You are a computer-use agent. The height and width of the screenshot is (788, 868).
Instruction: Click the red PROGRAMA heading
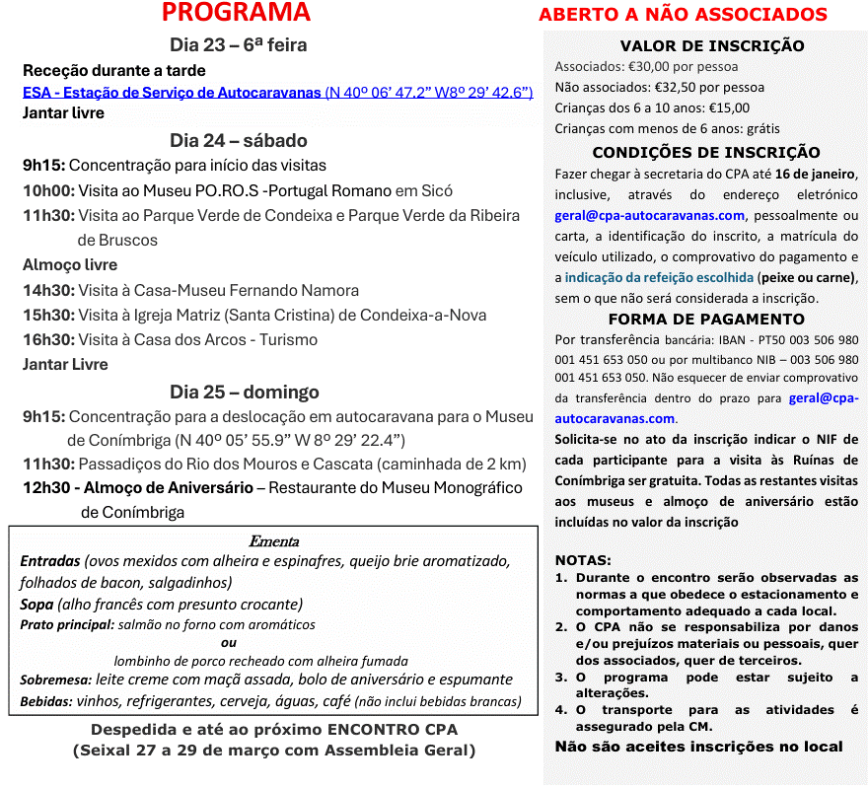click(x=236, y=13)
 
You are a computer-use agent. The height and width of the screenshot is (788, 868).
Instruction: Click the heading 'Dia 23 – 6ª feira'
click(x=238, y=45)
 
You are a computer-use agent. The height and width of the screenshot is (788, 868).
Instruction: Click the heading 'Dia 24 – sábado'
click(x=238, y=140)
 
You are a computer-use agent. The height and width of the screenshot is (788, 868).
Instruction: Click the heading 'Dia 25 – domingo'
click(x=244, y=392)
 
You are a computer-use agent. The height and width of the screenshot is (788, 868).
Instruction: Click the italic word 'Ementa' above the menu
click(x=273, y=540)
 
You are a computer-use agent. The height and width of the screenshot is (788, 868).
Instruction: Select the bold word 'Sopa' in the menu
click(x=36, y=604)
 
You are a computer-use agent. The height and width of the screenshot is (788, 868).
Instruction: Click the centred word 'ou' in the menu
click(x=229, y=642)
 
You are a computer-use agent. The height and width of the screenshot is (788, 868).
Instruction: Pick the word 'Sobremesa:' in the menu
click(x=55, y=680)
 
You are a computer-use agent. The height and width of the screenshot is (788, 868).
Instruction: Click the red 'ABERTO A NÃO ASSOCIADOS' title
click(x=683, y=15)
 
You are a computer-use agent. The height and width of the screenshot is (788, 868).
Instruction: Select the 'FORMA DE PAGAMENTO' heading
click(x=706, y=319)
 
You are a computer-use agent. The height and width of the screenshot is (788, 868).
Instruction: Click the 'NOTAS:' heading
click(x=583, y=559)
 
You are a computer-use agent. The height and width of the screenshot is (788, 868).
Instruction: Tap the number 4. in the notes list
click(x=560, y=709)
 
